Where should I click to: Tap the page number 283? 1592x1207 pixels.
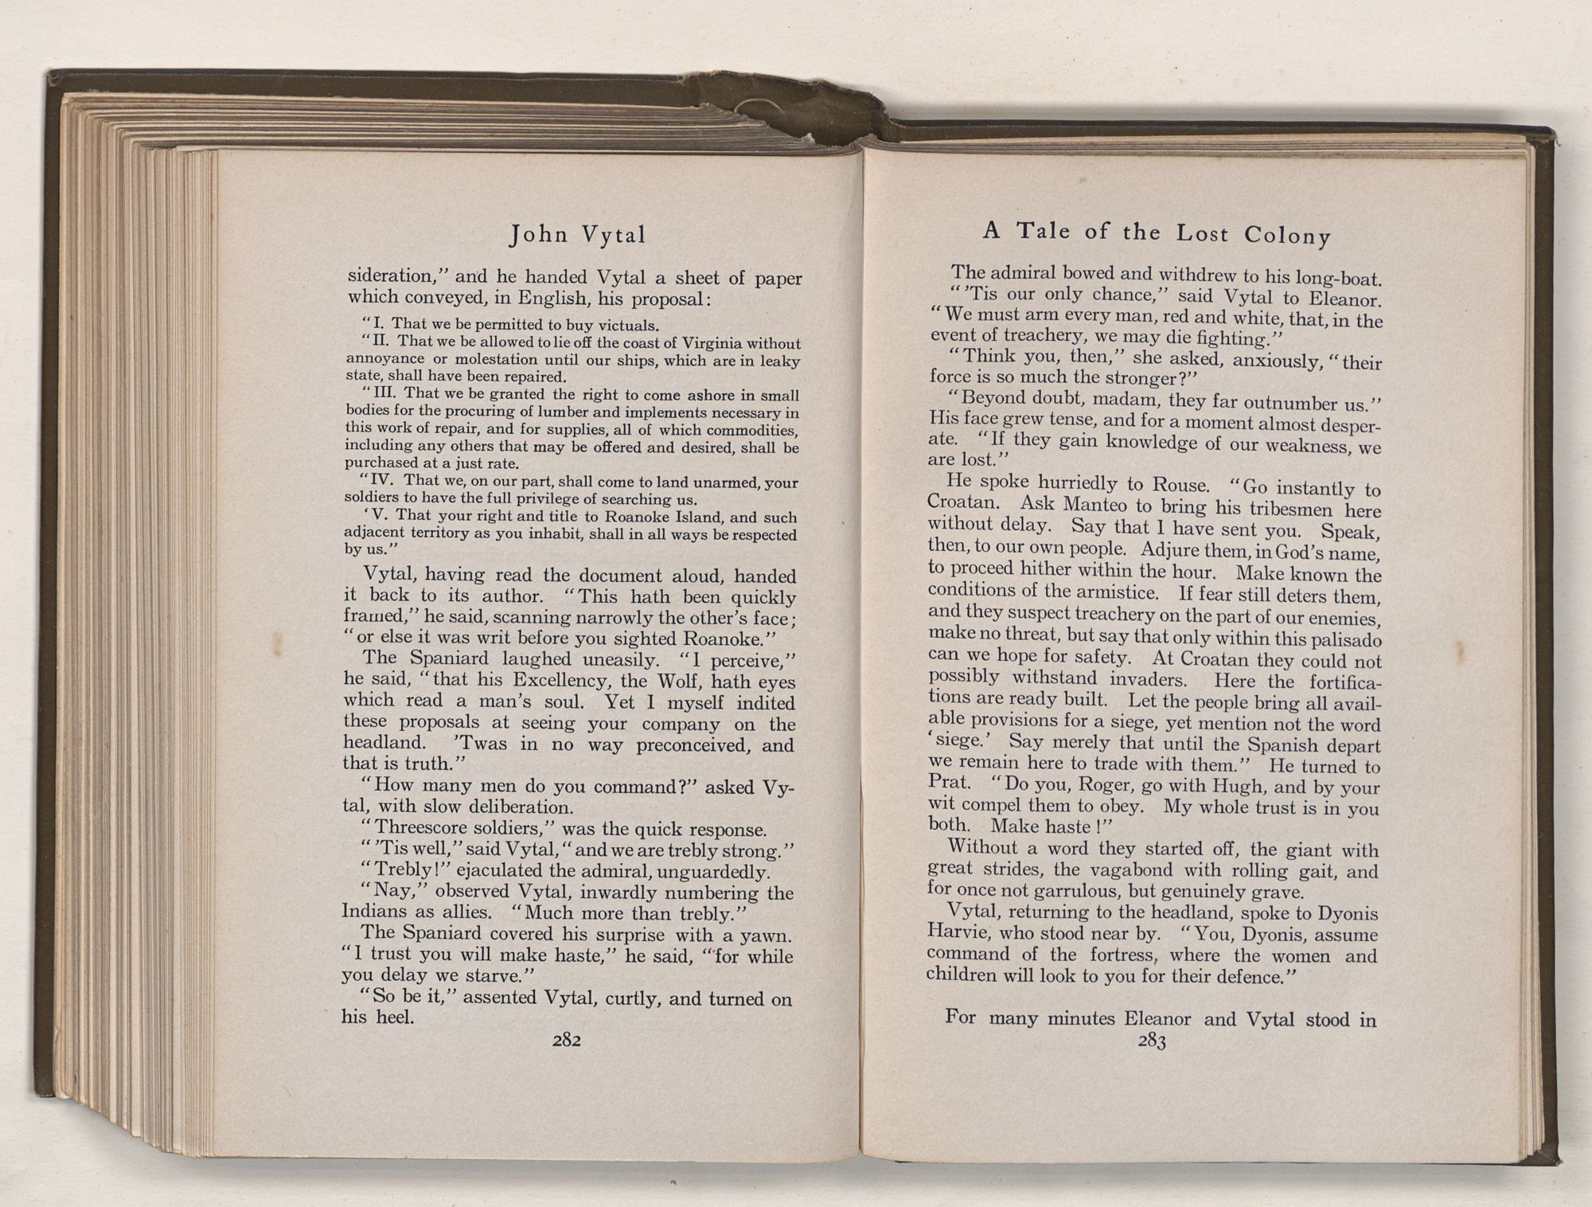click(1152, 1041)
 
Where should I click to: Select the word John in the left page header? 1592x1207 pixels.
click(540, 234)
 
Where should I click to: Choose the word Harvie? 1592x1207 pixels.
click(961, 933)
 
